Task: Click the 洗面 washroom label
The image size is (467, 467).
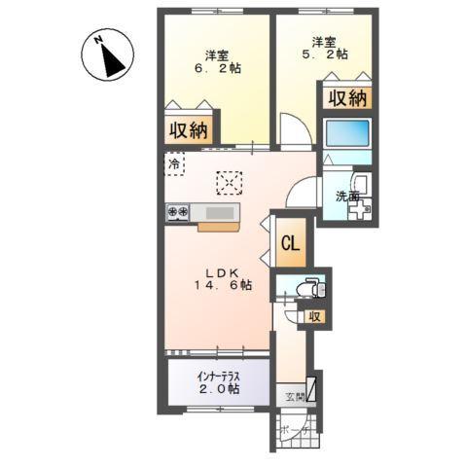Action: click(347, 197)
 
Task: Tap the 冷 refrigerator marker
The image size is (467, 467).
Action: click(174, 164)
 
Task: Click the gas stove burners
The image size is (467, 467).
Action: click(178, 210)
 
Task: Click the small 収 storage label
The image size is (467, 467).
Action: click(314, 317)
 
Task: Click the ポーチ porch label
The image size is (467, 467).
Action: click(291, 429)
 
